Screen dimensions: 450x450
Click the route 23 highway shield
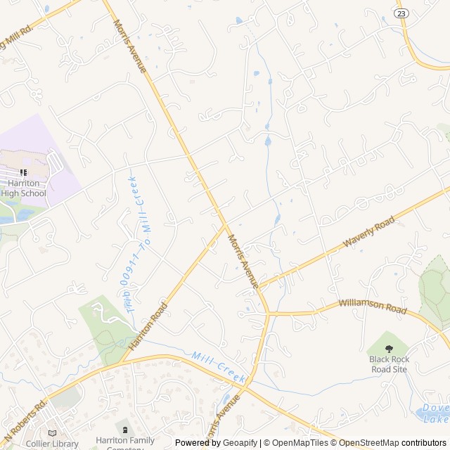tap(400, 13)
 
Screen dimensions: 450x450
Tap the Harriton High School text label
tap(23, 188)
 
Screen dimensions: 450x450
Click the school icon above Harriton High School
tap(23, 172)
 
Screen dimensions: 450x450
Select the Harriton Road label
tap(148, 326)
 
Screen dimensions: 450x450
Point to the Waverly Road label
tap(368, 235)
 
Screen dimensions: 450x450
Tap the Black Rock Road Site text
tap(389, 364)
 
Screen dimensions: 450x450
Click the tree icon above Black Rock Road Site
tap(389, 347)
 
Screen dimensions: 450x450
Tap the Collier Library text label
tap(51, 444)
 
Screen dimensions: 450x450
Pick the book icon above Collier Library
tap(51, 432)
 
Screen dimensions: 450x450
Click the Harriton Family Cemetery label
tap(124, 441)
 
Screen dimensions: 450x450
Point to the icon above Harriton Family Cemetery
tap(124, 428)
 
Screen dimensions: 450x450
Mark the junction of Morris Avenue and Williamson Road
tap(269, 314)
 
